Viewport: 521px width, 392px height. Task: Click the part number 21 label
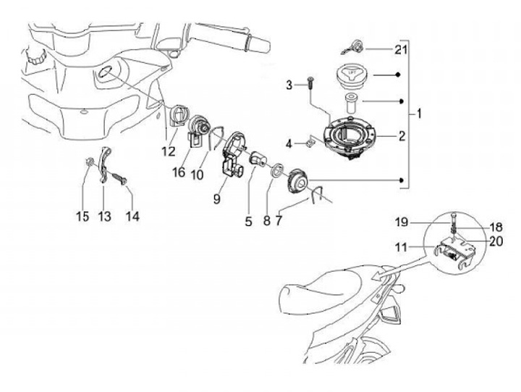(402, 49)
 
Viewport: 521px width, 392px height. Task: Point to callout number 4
(289, 144)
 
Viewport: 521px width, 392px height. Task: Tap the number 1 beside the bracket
(420, 114)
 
